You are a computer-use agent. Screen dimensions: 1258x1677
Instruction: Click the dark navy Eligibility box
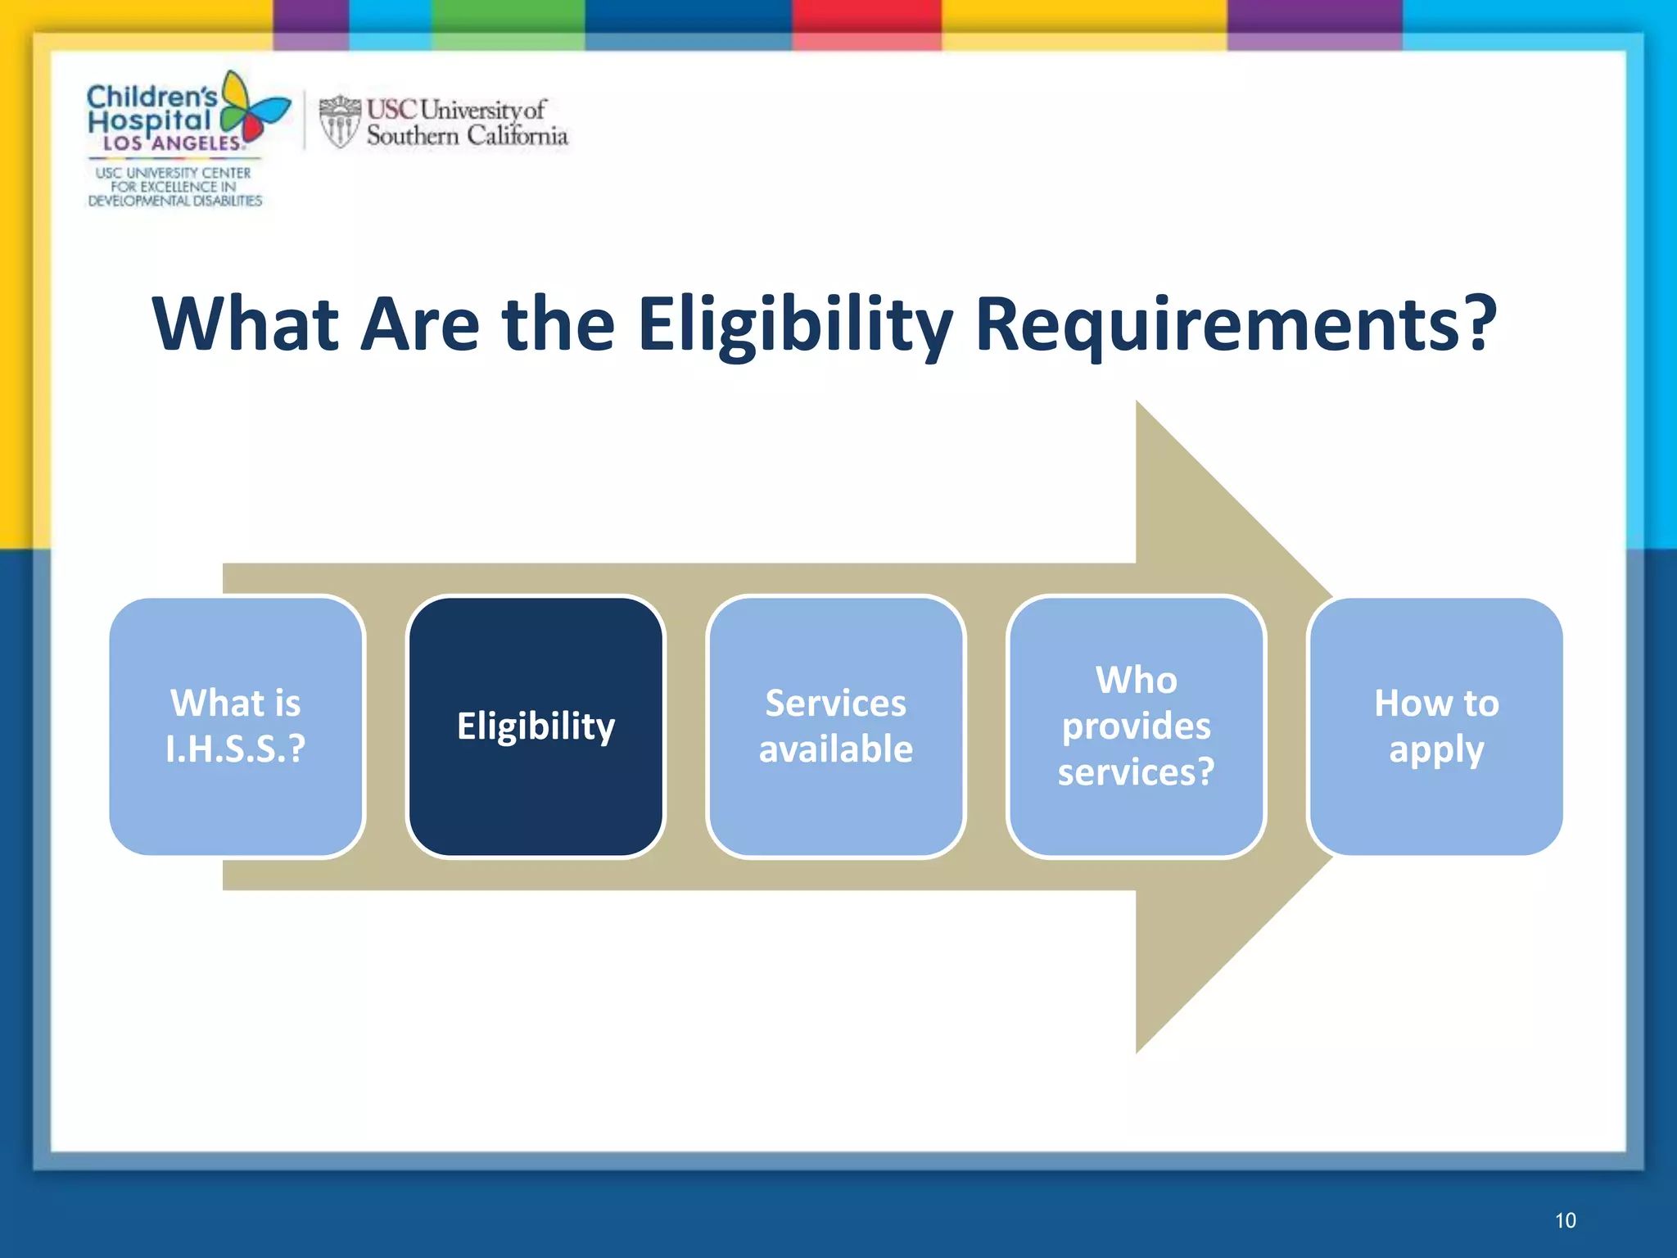click(x=536, y=726)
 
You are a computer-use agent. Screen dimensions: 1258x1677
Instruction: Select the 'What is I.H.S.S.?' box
click(x=236, y=726)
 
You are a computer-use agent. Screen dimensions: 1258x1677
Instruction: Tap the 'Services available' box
click(x=835, y=726)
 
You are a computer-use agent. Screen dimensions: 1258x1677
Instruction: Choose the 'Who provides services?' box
click(x=1136, y=726)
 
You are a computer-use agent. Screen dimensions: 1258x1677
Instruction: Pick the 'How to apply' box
click(x=1436, y=726)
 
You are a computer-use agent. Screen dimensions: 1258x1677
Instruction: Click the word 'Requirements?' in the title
click(x=1236, y=324)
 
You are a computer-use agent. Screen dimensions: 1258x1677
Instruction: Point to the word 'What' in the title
click(x=246, y=324)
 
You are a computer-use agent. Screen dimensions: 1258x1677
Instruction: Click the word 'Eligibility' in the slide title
click(x=794, y=324)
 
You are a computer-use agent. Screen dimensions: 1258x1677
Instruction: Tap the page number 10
click(x=1565, y=1220)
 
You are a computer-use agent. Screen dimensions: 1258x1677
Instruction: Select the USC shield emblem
click(x=339, y=121)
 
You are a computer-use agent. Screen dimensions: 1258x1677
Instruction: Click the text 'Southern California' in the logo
click(x=467, y=136)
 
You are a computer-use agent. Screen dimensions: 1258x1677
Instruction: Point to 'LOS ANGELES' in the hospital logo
click(x=172, y=143)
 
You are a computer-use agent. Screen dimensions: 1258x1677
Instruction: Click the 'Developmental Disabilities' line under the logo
click(x=175, y=201)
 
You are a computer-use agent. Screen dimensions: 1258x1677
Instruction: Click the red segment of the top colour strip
click(x=866, y=16)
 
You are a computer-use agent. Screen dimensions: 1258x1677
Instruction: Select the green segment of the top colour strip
click(x=508, y=16)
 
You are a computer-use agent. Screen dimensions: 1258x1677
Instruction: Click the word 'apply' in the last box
click(x=1436, y=750)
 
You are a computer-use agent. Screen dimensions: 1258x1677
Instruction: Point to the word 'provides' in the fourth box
click(x=1136, y=726)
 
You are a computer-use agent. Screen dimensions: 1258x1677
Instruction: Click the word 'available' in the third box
click(x=835, y=749)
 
